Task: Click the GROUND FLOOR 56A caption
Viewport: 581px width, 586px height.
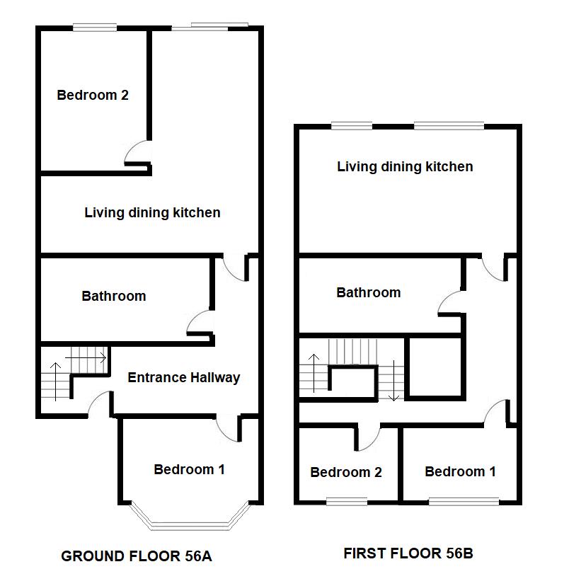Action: click(137, 556)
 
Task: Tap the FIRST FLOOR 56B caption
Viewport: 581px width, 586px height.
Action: click(408, 553)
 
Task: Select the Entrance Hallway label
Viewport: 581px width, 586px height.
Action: click(183, 377)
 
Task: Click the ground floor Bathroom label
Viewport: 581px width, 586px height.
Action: click(114, 296)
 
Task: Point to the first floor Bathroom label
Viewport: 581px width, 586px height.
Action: click(368, 292)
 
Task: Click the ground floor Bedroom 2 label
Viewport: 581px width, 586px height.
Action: click(93, 95)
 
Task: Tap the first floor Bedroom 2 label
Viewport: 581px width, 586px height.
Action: click(346, 472)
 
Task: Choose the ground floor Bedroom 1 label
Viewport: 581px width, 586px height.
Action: click(190, 469)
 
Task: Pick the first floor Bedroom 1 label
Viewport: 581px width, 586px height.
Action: click(460, 471)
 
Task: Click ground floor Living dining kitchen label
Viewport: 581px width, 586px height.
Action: click(152, 212)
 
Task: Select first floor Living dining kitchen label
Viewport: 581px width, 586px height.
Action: click(405, 167)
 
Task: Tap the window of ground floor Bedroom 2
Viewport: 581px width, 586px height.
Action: click(95, 28)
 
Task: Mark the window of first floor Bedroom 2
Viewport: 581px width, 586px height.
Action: click(346, 502)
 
